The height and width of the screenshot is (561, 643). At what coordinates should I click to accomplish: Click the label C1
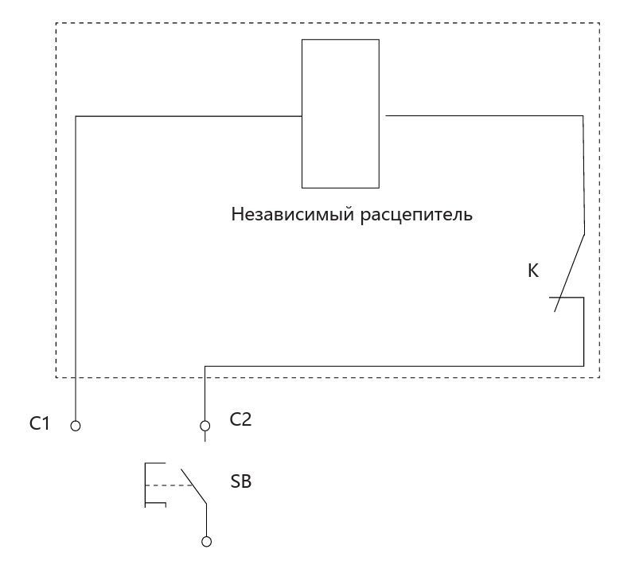click(x=39, y=423)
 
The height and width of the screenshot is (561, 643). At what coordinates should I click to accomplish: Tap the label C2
click(x=240, y=419)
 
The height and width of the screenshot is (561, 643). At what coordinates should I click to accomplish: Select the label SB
click(x=240, y=481)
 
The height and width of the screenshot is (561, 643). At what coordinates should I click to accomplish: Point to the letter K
click(x=533, y=271)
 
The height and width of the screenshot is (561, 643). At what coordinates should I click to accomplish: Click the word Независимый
click(x=293, y=214)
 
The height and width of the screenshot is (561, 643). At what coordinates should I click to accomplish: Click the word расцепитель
click(x=416, y=215)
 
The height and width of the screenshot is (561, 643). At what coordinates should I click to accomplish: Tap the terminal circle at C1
click(x=76, y=426)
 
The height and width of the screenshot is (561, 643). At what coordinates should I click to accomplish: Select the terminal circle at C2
click(x=205, y=426)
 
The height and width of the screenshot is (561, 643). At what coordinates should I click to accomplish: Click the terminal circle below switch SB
click(x=207, y=542)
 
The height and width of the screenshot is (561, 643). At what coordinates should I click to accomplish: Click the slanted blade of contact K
click(x=570, y=273)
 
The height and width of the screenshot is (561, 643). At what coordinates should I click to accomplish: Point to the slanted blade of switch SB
click(x=193, y=487)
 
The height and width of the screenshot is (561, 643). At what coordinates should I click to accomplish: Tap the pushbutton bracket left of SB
click(x=145, y=485)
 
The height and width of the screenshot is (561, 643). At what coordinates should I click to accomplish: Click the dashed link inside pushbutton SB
click(x=169, y=485)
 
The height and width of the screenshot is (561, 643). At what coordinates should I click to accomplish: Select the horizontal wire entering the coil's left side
click(x=189, y=116)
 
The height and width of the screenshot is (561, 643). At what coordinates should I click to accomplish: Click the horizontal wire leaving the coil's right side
click(x=485, y=115)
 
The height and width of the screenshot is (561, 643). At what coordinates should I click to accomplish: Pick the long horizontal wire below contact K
click(x=395, y=366)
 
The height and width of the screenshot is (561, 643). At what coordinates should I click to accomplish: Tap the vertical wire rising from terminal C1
click(x=76, y=269)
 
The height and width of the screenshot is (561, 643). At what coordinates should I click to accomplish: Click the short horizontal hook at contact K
click(x=567, y=298)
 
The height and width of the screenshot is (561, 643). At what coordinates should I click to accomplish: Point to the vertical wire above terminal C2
click(x=205, y=394)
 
